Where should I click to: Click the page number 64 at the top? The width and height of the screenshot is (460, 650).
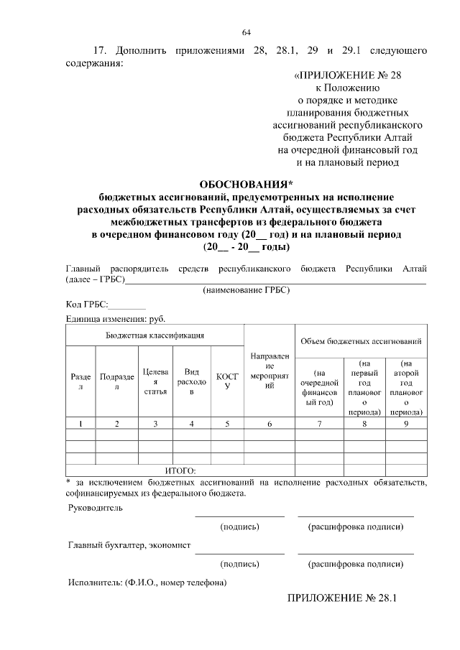tap(246, 32)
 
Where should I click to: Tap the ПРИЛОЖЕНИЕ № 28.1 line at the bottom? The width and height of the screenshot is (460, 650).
tap(342, 598)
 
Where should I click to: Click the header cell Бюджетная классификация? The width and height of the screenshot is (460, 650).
tap(155, 335)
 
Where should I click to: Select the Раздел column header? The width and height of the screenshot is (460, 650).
tap(80, 381)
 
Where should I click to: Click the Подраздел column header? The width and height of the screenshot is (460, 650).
tap(117, 381)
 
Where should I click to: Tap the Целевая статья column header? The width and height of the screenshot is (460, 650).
tap(156, 381)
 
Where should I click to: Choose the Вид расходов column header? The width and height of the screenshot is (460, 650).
tap(191, 381)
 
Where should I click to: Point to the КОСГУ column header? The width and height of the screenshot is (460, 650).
tap(227, 381)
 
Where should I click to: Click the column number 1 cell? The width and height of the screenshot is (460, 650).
tap(80, 424)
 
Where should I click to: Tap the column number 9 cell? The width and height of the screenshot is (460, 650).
tap(406, 424)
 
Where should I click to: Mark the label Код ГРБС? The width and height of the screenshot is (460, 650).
tap(87, 305)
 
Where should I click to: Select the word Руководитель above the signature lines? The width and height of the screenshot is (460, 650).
tap(95, 508)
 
